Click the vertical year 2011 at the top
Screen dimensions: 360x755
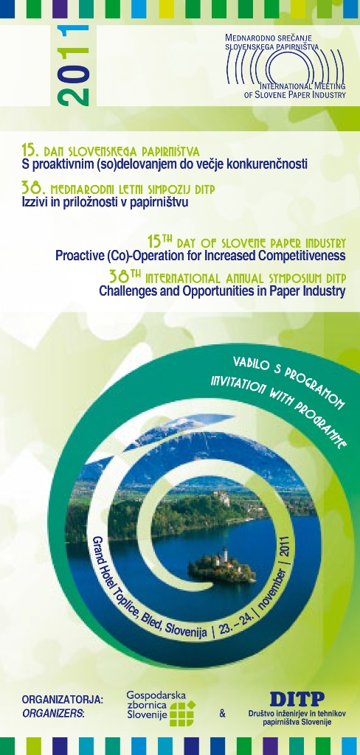click(x=73, y=66)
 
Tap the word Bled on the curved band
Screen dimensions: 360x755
click(x=151, y=621)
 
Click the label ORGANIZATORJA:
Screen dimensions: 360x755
click(x=63, y=700)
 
